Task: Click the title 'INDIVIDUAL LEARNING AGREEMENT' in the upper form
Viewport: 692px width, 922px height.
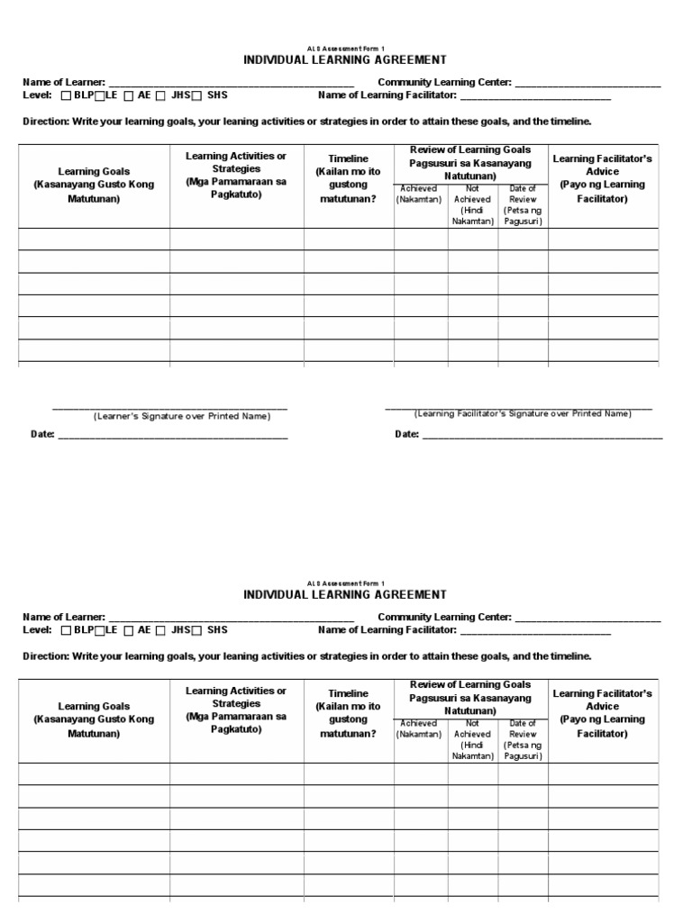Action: point(345,60)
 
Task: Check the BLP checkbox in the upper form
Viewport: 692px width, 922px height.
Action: point(67,95)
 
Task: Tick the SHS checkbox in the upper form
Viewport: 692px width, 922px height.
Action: point(197,95)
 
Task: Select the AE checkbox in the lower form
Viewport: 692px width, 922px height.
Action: point(130,630)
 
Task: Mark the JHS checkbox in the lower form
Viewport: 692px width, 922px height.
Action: point(160,630)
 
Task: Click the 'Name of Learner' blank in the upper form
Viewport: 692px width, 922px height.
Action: point(224,83)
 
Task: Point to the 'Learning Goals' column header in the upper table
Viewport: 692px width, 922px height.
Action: point(94,184)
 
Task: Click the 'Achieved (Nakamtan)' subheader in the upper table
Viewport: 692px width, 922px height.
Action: point(419,194)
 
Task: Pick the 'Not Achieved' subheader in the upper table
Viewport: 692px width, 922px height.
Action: point(473,204)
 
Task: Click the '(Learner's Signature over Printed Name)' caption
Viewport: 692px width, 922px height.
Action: point(182,417)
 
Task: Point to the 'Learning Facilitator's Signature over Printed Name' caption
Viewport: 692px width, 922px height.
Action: point(523,413)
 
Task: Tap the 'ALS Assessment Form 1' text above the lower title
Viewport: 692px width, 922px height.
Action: point(345,583)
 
